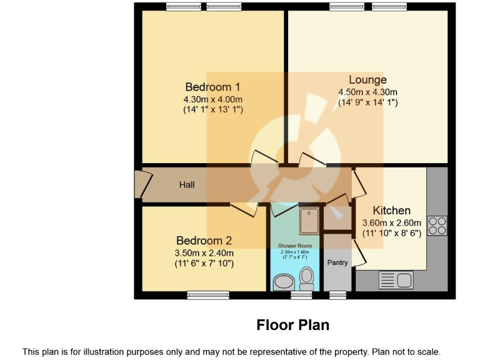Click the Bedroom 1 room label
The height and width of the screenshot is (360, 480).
[x=212, y=87]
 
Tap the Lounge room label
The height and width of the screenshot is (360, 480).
[x=367, y=79]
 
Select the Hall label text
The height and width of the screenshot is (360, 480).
[x=187, y=185]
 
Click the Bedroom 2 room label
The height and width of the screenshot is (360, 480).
[x=204, y=241]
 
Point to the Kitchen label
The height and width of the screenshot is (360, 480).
[x=392, y=211]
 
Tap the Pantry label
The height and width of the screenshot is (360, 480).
[x=337, y=262]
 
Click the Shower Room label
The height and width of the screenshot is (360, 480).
[x=295, y=246]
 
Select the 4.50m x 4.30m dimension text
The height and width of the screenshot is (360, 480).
[x=367, y=92]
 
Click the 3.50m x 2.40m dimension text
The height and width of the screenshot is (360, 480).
[x=204, y=253]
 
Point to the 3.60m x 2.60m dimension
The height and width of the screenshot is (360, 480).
[x=392, y=222]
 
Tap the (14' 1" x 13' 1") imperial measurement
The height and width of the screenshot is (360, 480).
[x=212, y=110]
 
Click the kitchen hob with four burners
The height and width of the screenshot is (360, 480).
[x=437, y=225]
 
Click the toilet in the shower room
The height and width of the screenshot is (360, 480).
[x=306, y=277]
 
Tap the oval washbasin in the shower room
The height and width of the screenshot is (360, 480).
[x=283, y=282]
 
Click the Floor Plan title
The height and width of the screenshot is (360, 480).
[x=292, y=326]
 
